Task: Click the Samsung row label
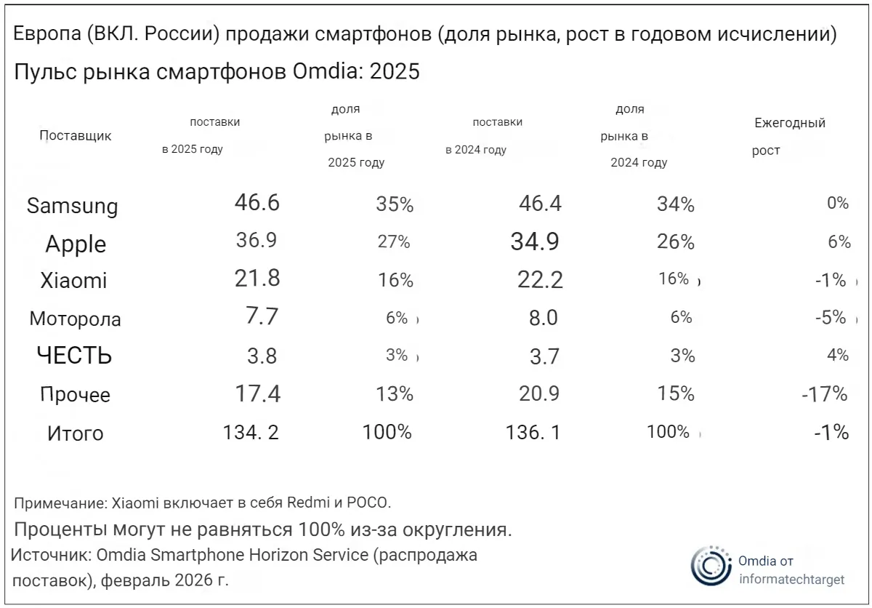pyautogui.click(x=72, y=206)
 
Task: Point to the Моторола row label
pyautogui.click(x=75, y=319)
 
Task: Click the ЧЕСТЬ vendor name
pyautogui.click(x=74, y=356)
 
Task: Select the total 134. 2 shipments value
pyautogui.click(x=251, y=433)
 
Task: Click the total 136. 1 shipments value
pyautogui.click(x=533, y=433)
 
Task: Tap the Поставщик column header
pyautogui.click(x=75, y=136)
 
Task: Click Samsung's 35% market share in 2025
pyautogui.click(x=395, y=205)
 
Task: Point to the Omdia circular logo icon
pyautogui.click(x=710, y=565)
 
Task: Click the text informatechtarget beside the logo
pyautogui.click(x=791, y=580)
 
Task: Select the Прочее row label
pyautogui.click(x=75, y=395)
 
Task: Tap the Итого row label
pyautogui.click(x=75, y=433)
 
